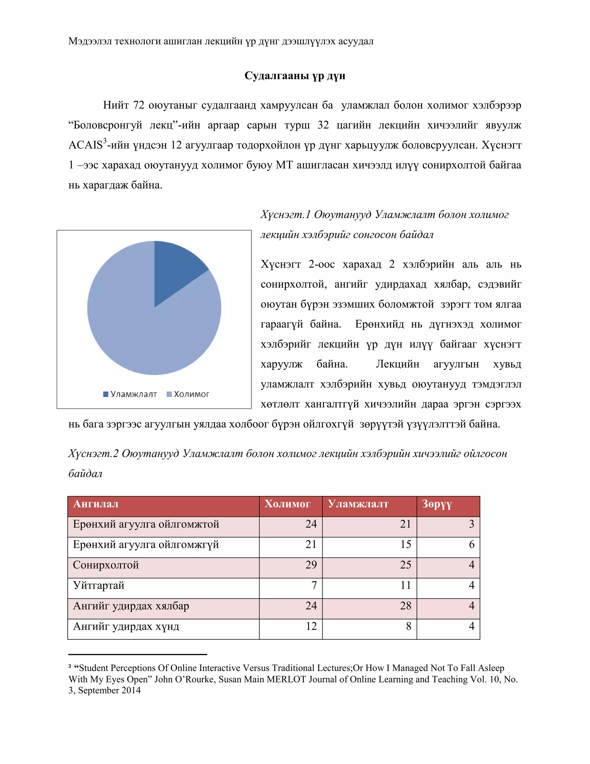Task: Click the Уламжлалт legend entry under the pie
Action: click(x=131, y=394)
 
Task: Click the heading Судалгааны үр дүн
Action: click(x=295, y=76)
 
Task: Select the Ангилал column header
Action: click(x=96, y=504)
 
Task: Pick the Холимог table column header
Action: click(x=287, y=504)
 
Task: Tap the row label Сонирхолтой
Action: click(x=106, y=565)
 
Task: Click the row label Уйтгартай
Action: click(x=99, y=586)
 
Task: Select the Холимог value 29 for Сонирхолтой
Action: click(x=311, y=565)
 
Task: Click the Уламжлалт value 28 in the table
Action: click(x=405, y=606)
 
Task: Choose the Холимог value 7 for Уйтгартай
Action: click(x=314, y=586)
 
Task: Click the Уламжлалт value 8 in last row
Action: click(x=408, y=626)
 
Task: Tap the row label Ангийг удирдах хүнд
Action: click(x=126, y=626)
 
